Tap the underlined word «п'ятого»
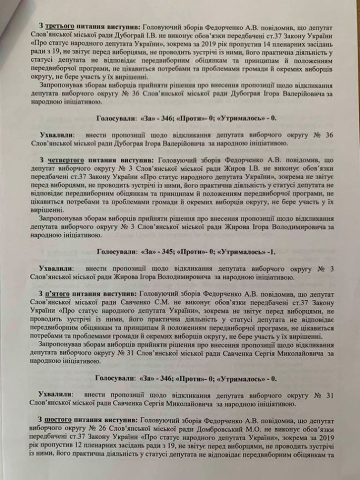[x=58, y=293]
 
